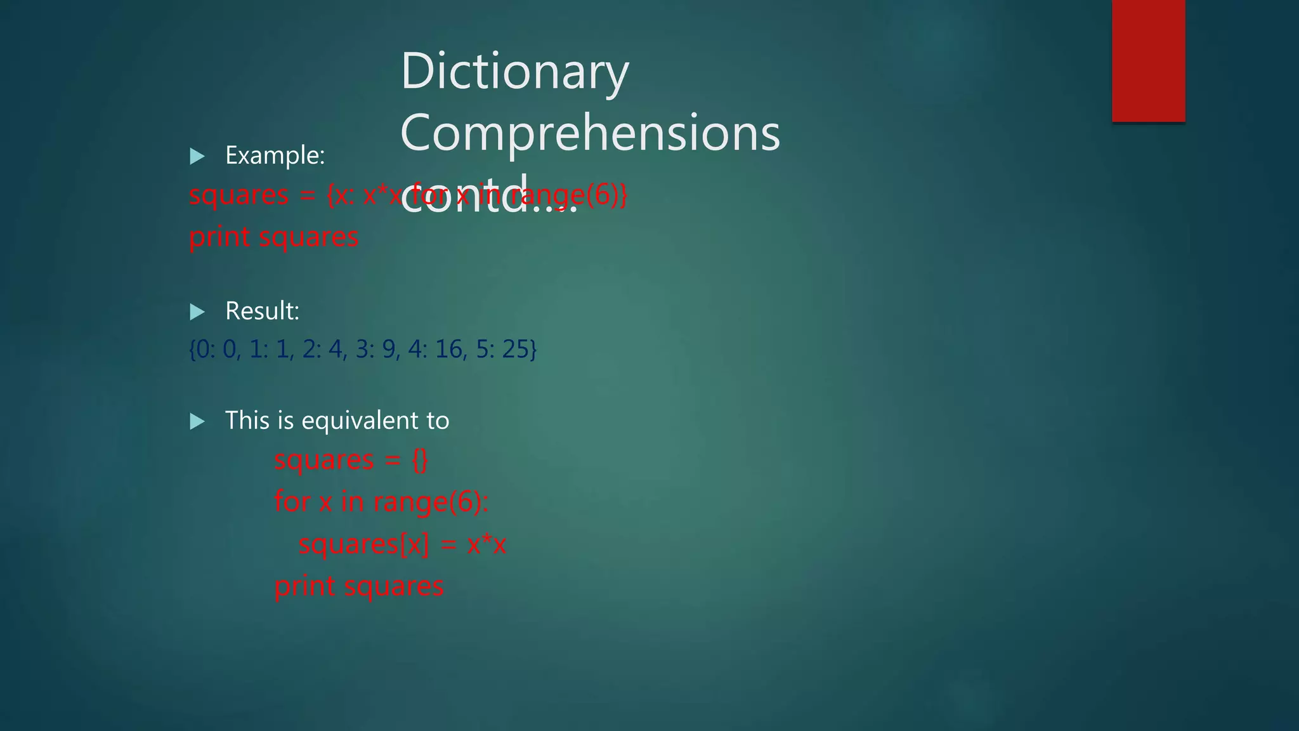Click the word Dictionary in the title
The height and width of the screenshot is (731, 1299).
coord(514,72)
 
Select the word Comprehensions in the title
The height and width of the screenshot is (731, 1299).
coord(590,133)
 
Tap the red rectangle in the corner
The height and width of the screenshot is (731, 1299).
coord(1148,60)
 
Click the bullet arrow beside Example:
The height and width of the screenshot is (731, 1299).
coord(197,156)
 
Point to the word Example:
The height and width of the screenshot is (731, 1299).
coord(275,155)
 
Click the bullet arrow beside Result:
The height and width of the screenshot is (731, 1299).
coord(197,312)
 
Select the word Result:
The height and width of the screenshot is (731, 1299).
coord(262,311)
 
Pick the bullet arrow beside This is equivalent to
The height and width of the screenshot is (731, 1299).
coord(197,421)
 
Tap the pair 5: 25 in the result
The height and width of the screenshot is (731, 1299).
coord(505,349)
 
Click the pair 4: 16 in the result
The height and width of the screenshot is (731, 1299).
coord(436,349)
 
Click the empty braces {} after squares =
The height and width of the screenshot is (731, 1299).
coord(420,460)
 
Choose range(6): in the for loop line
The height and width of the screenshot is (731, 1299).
coord(431,502)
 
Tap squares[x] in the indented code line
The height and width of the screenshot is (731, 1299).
coord(363,544)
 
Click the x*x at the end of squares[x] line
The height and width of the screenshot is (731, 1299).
coord(486,544)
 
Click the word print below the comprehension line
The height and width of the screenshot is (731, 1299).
coord(219,237)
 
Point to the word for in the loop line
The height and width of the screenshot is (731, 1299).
coord(292,502)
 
